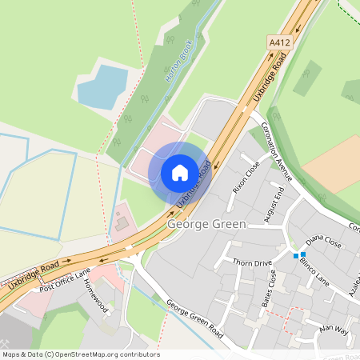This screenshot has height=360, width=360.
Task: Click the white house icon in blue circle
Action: tap(180, 173)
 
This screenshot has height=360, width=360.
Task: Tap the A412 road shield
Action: tap(278, 42)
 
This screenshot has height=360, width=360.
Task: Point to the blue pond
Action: tap(102, 87)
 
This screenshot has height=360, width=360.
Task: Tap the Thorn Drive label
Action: tap(252, 262)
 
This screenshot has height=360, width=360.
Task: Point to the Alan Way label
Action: tap(334, 329)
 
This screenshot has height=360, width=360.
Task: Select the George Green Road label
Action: tap(195, 317)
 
